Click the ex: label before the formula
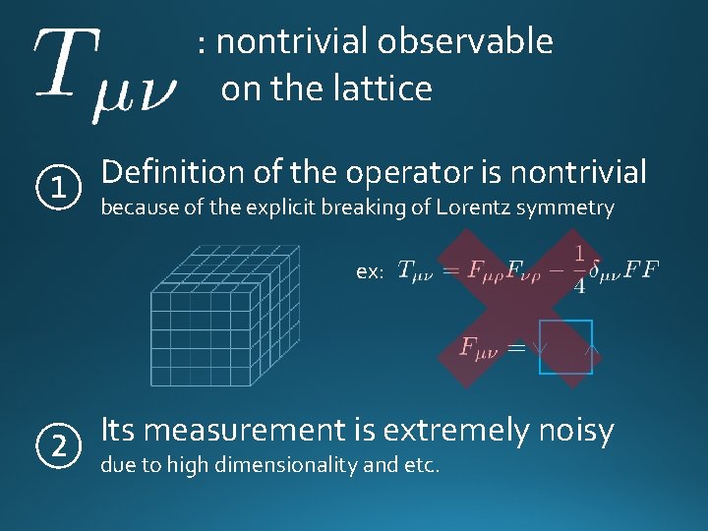point(369,272)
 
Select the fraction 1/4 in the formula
point(578,268)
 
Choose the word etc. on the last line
point(419,463)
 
